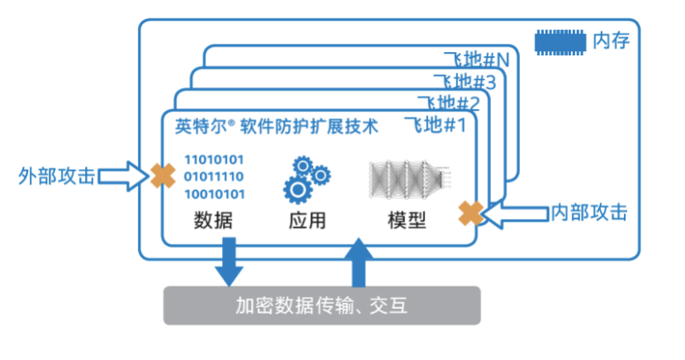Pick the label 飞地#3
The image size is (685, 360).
point(465,83)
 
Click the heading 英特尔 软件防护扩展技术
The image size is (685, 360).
point(277,126)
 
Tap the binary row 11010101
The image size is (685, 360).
point(214,159)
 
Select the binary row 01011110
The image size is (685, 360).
point(214,177)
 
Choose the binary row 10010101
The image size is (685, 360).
point(214,194)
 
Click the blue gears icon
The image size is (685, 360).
point(306,178)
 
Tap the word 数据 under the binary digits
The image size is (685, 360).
point(213,220)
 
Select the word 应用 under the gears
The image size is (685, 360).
point(307,220)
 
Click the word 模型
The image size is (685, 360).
point(406,220)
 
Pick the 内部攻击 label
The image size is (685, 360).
point(589,213)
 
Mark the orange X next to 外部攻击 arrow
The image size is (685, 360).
point(161,175)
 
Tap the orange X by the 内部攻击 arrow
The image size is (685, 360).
point(472,213)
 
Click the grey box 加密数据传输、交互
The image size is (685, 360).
point(322,306)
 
